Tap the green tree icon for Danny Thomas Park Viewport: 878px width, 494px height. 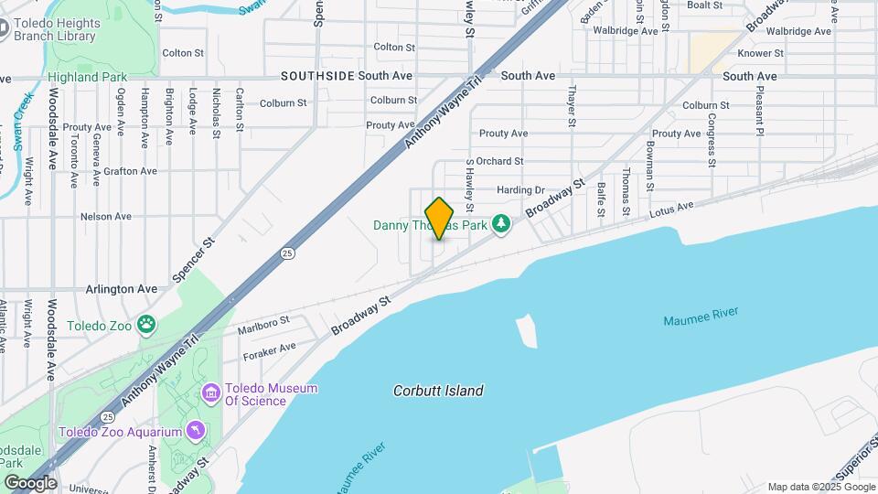[500, 224]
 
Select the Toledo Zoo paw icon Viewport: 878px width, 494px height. [146, 324]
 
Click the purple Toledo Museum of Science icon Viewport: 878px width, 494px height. [211, 394]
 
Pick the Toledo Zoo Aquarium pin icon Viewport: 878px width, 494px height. [194, 431]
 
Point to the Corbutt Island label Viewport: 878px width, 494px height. [438, 391]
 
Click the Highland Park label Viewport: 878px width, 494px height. [88, 77]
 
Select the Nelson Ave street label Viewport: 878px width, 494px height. [106, 217]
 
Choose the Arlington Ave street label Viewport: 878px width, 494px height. [122, 288]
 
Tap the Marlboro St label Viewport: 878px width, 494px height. [263, 321]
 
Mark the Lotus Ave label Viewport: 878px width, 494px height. [672, 210]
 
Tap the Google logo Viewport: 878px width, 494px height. [30, 482]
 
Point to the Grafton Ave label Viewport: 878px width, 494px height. [130, 171]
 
